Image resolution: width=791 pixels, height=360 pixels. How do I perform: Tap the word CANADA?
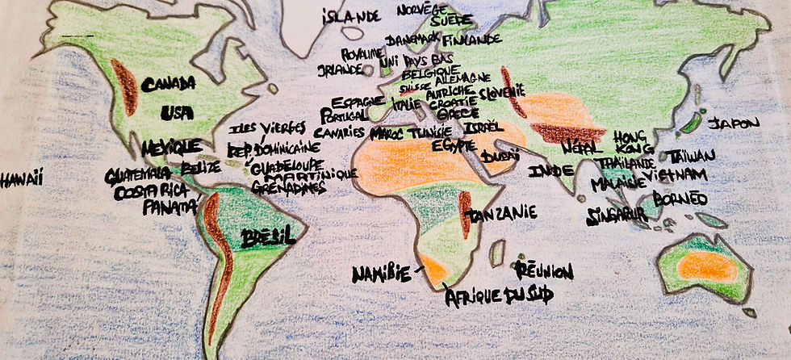[x=169, y=83]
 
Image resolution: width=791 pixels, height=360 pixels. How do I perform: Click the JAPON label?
[x=734, y=123]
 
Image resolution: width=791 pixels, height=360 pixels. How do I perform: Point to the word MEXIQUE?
[x=170, y=149]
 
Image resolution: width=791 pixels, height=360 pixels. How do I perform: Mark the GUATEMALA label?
[x=137, y=174]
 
